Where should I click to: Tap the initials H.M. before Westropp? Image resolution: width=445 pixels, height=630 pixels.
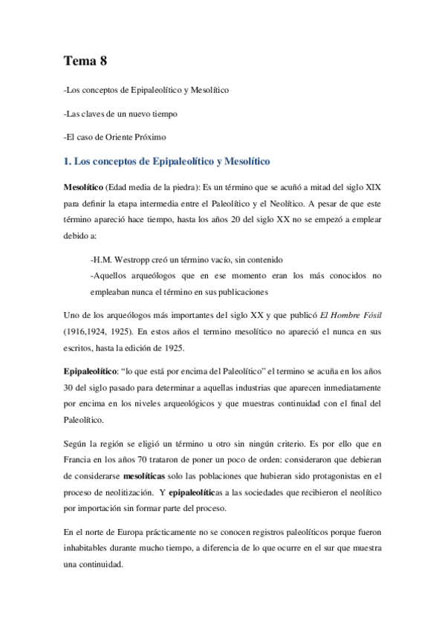tap(100, 259)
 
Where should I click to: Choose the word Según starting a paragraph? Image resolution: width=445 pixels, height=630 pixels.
tap(76, 442)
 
